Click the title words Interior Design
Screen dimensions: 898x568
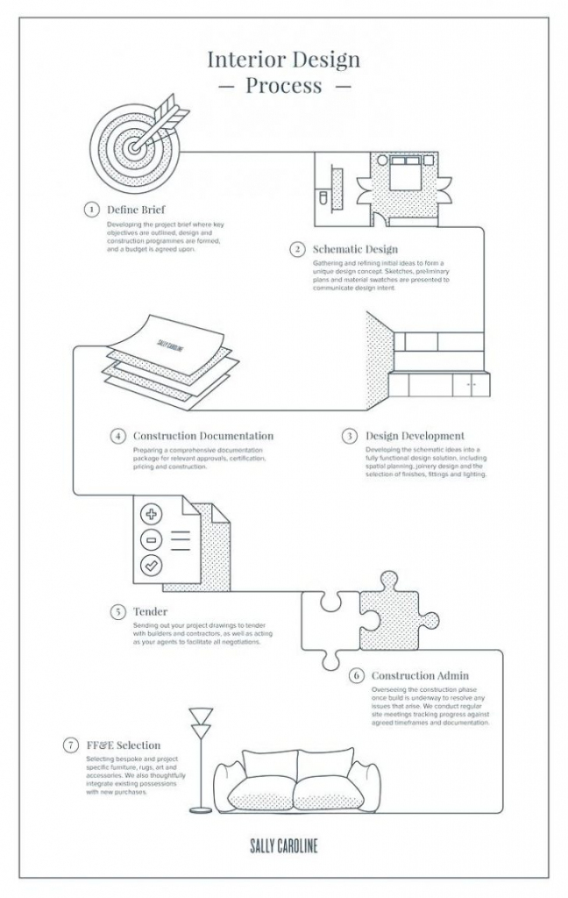tap(283, 60)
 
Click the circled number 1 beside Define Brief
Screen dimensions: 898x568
tap(91, 210)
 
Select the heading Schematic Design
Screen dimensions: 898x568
tap(355, 249)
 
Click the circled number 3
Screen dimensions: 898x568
tap(349, 435)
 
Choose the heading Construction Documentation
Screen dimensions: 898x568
tap(202, 435)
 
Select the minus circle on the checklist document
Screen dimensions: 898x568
tap(152, 538)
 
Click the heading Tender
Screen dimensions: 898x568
tap(150, 611)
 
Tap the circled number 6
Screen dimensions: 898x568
tap(356, 676)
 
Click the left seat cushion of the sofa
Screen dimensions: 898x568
tap(259, 792)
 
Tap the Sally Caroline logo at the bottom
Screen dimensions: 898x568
tap(283, 845)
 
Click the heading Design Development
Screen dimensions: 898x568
tap(415, 435)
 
